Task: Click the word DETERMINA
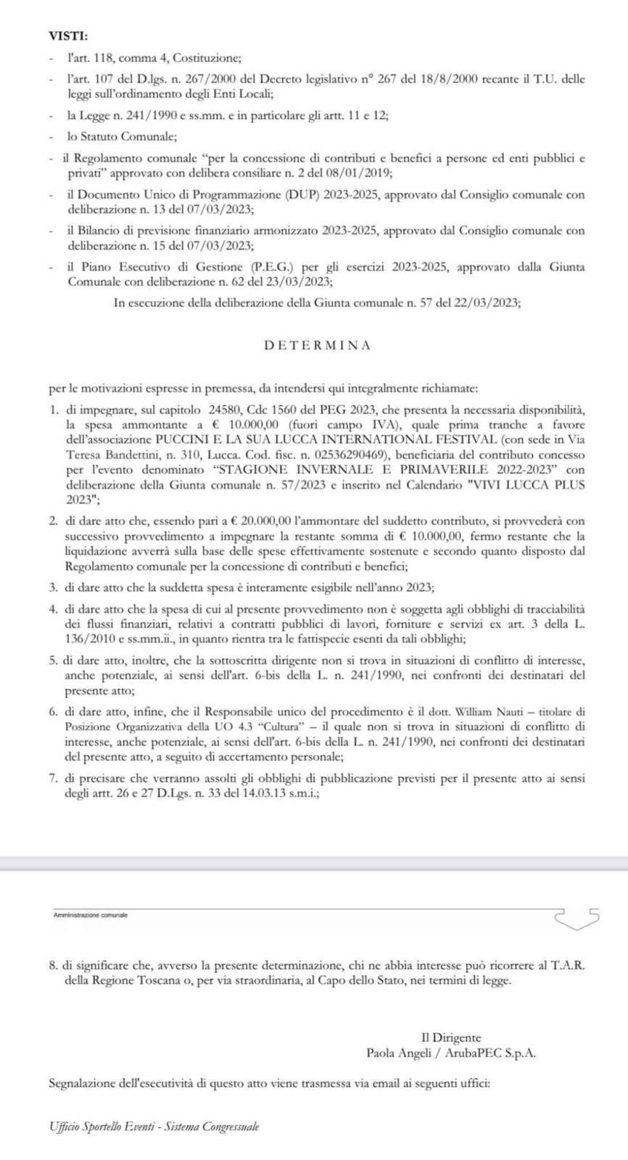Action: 318,345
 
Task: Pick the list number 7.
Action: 52,778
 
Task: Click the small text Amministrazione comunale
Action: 91,916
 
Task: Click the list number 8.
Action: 52,966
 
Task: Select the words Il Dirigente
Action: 451,1037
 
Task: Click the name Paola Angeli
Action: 398,1053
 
